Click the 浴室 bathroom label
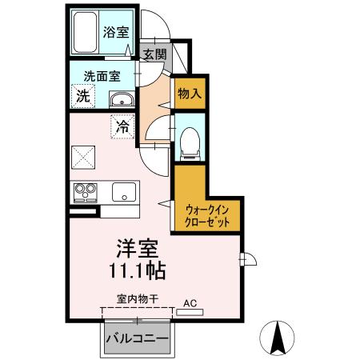[116, 34]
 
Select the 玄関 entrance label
[154, 54]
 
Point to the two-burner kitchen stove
[86, 192]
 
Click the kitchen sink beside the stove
[123, 192]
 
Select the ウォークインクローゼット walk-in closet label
[207, 215]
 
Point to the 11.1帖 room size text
[131, 270]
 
